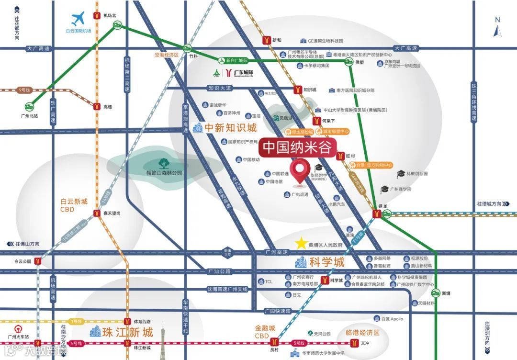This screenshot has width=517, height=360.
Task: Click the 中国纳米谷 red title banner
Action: coord(298,147)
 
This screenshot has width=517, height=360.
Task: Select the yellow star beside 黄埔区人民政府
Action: coord(301,244)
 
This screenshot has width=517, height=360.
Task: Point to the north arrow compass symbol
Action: coord(497,29)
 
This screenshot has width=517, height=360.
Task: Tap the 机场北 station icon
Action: coord(97,16)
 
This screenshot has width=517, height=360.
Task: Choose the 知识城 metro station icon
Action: coord(297,90)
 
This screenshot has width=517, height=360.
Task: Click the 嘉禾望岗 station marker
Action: coord(97,214)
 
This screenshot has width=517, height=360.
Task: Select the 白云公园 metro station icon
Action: coord(37,261)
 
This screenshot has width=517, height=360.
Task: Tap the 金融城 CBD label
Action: coord(265,332)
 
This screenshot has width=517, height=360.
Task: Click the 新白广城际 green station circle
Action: coord(221,60)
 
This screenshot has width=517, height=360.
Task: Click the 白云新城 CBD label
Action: coord(74,205)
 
